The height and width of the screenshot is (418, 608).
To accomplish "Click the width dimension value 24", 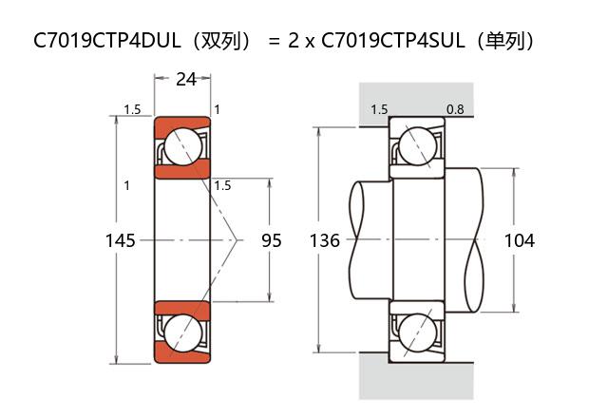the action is coord(186,80).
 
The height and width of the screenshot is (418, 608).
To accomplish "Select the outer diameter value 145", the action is coord(121,240).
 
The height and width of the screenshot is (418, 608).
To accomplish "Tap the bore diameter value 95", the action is coord(271,240).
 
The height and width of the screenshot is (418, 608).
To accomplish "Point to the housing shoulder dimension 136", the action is coord(325,240).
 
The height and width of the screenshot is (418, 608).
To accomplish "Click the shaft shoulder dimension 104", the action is coord(520,240).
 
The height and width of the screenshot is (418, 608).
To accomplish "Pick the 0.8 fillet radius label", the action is coord(455,110).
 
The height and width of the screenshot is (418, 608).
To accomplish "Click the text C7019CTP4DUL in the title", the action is coord(107,40).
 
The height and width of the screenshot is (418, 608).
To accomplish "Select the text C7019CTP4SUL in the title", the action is coord(393,40).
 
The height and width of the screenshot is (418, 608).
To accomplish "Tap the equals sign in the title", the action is coord(274,41).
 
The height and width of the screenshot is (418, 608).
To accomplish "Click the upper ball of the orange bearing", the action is coord(183,146).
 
